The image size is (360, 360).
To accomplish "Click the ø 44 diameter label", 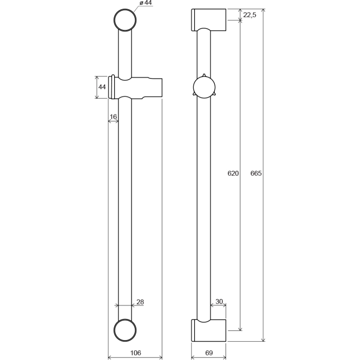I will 145,3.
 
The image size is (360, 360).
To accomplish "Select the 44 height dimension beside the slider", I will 102,87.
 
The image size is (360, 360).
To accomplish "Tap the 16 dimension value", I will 113,117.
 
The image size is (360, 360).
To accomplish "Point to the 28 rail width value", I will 140,302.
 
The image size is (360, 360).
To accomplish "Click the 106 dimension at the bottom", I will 135,353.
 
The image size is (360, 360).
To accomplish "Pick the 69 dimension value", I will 209,353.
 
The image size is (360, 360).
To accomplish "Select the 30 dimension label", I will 219,302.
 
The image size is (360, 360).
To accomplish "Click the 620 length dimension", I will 233,173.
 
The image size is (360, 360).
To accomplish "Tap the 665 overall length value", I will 256,173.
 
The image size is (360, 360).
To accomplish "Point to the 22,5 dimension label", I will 250,15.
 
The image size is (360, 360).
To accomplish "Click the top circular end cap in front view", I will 125,19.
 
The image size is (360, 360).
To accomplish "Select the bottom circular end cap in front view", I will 125,330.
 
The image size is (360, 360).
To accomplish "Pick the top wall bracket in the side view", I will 209,19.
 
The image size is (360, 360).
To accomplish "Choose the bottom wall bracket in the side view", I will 209,330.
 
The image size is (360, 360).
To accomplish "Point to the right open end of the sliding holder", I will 159,88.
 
